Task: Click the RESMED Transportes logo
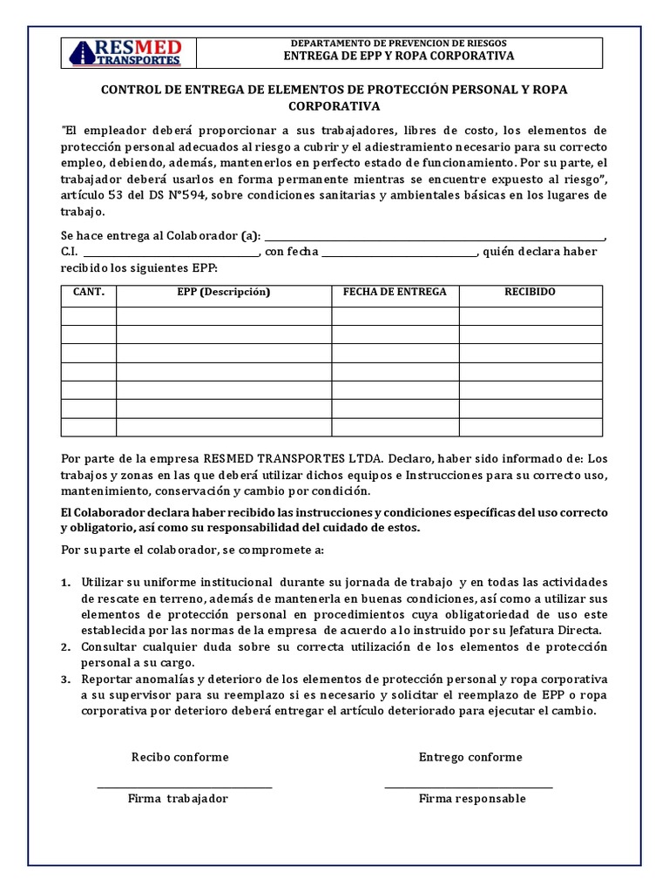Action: click(x=125, y=52)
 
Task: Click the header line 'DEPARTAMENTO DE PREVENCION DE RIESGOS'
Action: click(x=398, y=43)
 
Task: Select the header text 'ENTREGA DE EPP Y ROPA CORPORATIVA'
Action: click(x=399, y=56)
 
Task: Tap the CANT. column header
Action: click(x=89, y=293)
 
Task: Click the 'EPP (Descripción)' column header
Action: click(x=224, y=293)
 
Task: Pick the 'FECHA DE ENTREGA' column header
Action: click(x=395, y=293)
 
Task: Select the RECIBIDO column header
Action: click(x=530, y=293)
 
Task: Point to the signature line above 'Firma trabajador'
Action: click(x=184, y=787)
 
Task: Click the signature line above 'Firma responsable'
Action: click(x=468, y=787)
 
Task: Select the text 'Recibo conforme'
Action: click(x=179, y=757)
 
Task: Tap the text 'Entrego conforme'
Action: click(x=470, y=757)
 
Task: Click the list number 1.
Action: click(x=65, y=582)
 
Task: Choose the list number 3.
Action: click(x=65, y=679)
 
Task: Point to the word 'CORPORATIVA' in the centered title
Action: click(x=334, y=106)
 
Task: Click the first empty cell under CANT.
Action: click(x=89, y=315)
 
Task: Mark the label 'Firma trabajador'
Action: click(x=178, y=799)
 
